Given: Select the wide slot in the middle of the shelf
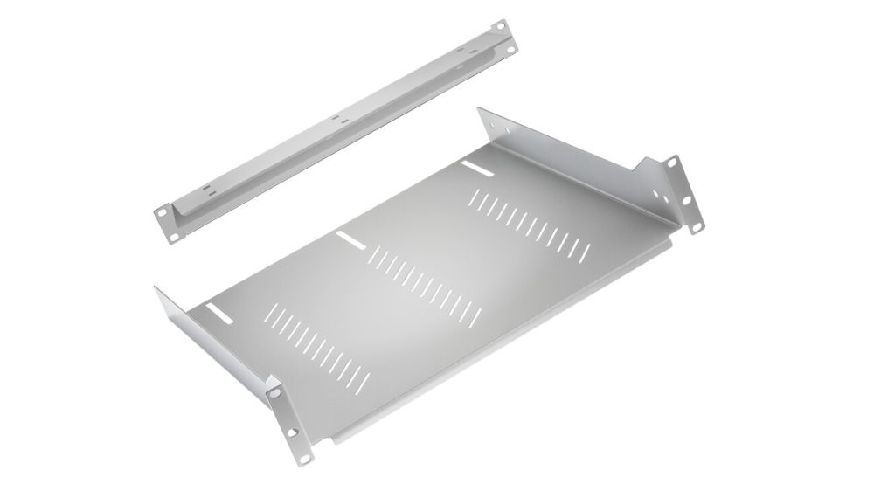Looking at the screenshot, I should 348,238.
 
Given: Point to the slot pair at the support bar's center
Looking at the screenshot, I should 338,116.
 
